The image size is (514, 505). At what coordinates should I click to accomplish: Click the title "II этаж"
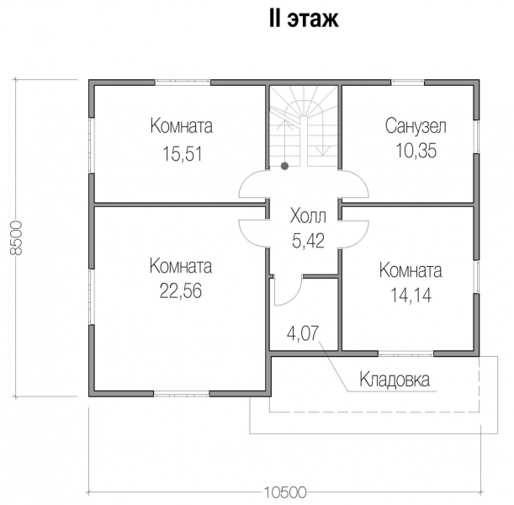(303, 19)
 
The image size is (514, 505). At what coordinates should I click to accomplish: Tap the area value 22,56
(181, 291)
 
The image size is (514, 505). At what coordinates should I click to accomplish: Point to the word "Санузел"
(416, 127)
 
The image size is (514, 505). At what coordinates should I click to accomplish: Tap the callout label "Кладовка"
(395, 380)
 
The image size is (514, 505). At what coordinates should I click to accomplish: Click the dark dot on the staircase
(285, 166)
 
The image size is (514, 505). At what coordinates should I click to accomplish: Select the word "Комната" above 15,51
(181, 127)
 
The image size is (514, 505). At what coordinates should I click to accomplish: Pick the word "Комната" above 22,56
(181, 267)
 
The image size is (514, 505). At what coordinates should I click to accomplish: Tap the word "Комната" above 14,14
(411, 271)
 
